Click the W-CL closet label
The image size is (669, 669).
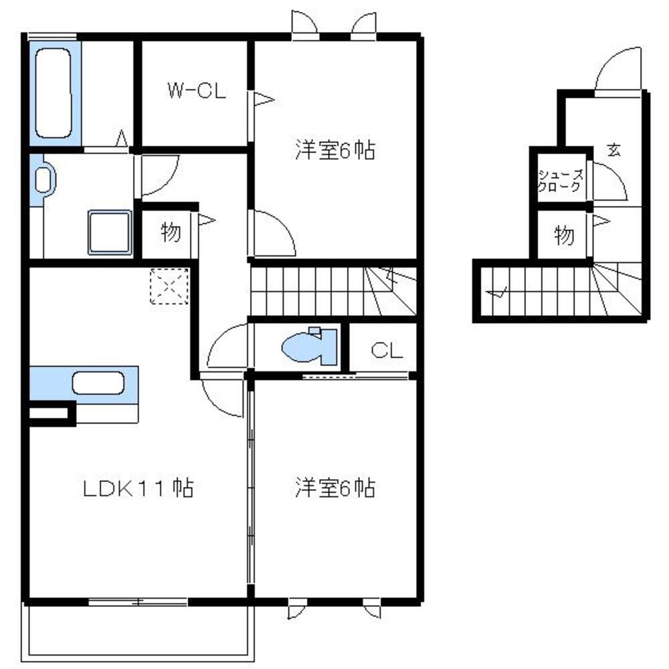tap(197, 91)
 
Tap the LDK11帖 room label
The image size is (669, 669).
tap(138, 488)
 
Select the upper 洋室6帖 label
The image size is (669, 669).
tap(335, 150)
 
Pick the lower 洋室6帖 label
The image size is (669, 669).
tap(335, 488)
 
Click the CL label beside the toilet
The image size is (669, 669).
tap(387, 351)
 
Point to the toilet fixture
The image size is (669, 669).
tap(310, 346)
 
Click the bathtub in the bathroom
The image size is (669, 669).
tap(54, 93)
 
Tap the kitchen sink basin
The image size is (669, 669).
tap(98, 383)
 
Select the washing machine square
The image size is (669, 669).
tap(110, 232)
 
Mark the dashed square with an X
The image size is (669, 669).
tap(169, 286)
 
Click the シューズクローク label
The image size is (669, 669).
tap(560, 181)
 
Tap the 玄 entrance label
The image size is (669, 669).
tap(614, 150)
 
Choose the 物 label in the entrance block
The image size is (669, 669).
tap(563, 235)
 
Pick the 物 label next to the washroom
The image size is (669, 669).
tap(171, 232)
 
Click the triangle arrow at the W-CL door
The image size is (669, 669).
tap(264, 100)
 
